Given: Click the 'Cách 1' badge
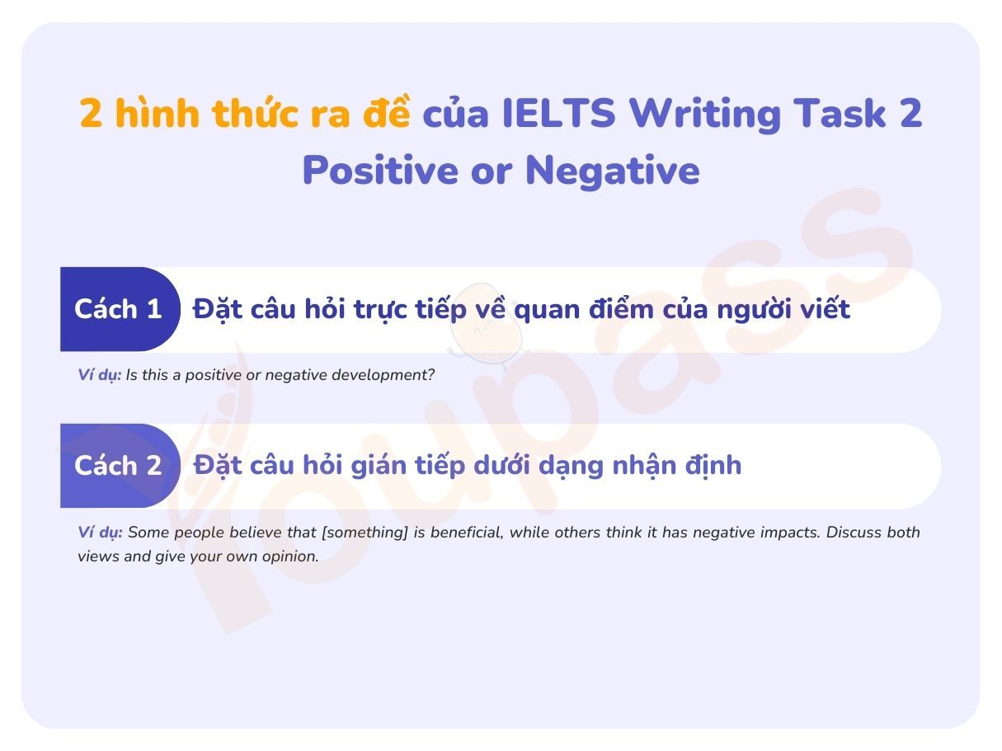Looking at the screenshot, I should (x=119, y=310).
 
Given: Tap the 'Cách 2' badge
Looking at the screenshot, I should (x=119, y=467).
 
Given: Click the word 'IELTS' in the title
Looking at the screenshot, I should (x=559, y=114).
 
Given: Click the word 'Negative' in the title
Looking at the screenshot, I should (x=612, y=171).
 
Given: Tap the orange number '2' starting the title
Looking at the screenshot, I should (x=91, y=114).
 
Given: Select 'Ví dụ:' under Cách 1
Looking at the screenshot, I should (x=100, y=375).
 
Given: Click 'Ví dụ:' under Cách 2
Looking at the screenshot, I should (x=100, y=533).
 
